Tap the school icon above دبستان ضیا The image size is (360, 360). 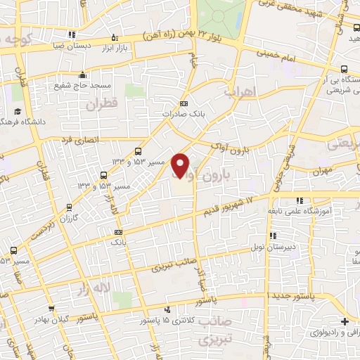point(72,34)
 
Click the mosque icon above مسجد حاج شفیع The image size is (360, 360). point(83,75)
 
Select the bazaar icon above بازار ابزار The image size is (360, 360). point(115,38)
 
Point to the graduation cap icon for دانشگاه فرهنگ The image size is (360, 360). point(17,112)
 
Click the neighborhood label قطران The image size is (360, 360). point(100,104)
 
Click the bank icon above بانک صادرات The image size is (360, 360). point(184,103)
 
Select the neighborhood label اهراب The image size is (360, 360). point(237,91)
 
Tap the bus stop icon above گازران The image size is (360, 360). point(69,207)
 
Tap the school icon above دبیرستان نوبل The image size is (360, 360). point(273,236)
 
